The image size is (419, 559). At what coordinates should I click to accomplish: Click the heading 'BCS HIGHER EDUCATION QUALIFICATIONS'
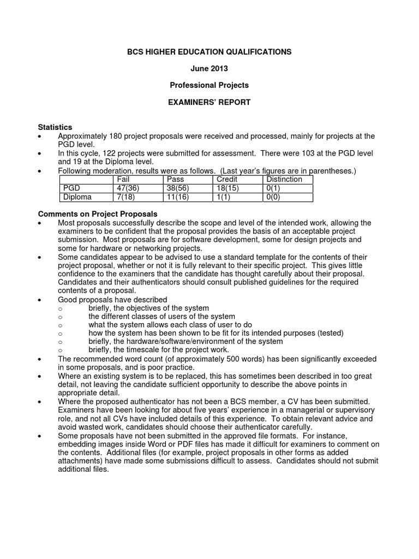click(x=209, y=51)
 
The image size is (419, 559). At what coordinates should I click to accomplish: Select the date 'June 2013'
click(x=209, y=68)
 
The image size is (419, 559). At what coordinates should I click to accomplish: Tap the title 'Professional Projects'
click(x=209, y=85)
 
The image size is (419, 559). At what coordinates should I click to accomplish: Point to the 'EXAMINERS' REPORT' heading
click(x=209, y=102)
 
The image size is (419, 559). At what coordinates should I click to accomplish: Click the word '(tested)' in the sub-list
click(x=330, y=333)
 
